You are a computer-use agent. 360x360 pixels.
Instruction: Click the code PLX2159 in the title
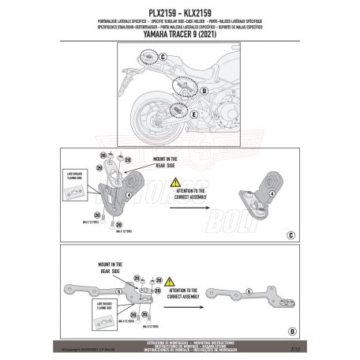click(153, 6)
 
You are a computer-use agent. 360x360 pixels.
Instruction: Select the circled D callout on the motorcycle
click(204, 91)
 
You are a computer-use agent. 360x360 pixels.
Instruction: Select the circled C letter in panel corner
click(291, 235)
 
